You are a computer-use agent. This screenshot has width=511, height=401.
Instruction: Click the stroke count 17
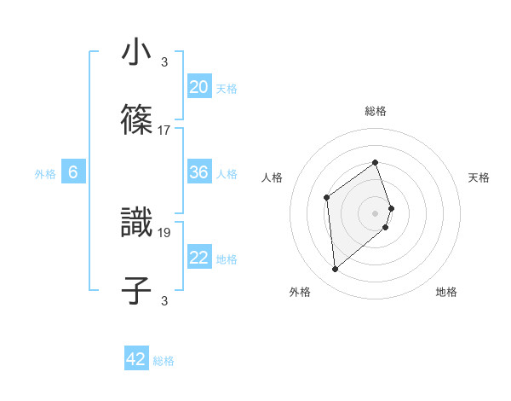(x=164, y=130)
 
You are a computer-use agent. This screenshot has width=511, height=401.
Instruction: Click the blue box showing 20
(x=198, y=87)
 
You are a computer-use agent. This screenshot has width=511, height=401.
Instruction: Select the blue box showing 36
(x=198, y=172)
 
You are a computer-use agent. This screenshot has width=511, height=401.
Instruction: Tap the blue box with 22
(x=198, y=258)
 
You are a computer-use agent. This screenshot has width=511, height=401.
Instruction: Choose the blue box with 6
(x=73, y=172)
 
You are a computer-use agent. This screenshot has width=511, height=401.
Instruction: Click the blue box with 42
(x=136, y=359)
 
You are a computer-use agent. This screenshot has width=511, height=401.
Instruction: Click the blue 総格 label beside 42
(x=164, y=361)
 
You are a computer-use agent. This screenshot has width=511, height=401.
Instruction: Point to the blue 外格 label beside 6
(x=45, y=174)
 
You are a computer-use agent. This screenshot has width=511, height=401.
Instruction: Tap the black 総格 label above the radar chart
(x=375, y=111)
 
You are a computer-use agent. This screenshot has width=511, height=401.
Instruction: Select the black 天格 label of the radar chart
(x=479, y=177)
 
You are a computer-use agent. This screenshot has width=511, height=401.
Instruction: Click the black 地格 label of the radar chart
(x=446, y=292)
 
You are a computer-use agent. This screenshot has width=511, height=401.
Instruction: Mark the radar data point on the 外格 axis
(x=335, y=270)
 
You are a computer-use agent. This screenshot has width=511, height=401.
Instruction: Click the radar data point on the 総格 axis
(x=375, y=162)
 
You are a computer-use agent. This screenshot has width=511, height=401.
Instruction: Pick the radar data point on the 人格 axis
(x=327, y=198)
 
